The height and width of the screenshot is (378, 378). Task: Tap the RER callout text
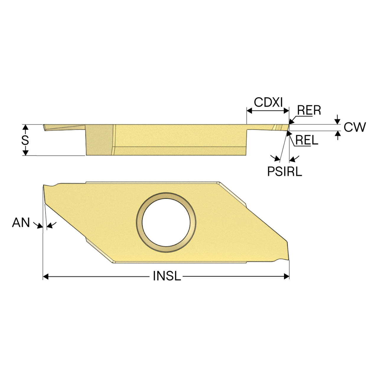click(x=309, y=110)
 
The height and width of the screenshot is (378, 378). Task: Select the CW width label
click(x=355, y=127)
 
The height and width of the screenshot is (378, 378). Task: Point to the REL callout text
click(x=307, y=140)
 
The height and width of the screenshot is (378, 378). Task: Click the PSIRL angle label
click(x=285, y=171)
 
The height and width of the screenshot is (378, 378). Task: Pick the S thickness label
click(x=25, y=140)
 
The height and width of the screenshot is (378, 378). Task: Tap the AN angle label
click(x=21, y=222)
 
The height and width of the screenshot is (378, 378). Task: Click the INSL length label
click(x=167, y=276)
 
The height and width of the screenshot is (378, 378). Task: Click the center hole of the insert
click(x=166, y=222)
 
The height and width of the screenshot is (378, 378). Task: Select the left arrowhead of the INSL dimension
click(x=45, y=277)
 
